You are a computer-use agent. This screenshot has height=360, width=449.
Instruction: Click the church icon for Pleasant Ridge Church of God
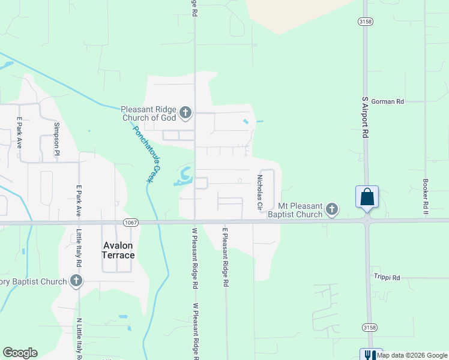pyautogui.click(x=185, y=112)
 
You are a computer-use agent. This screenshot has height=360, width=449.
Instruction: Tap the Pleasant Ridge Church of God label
pyautogui.click(x=148, y=113)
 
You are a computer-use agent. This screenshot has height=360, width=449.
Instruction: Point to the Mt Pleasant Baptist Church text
pyautogui.click(x=295, y=210)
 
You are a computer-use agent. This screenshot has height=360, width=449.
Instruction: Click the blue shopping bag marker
pyautogui.click(x=367, y=197)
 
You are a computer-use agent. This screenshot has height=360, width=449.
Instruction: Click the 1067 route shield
pyautogui.click(x=130, y=222)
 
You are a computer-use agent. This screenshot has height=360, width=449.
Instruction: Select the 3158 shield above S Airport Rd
pyautogui.click(x=364, y=21)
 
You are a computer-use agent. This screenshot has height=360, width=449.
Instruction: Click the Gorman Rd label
pyautogui.click(x=387, y=101)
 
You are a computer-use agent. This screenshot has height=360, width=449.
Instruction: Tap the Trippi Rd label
pyautogui.click(x=387, y=278)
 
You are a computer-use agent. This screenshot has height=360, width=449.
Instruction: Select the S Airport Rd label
pyautogui.click(x=364, y=118)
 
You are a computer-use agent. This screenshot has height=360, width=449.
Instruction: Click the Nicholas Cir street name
pyautogui.click(x=261, y=193)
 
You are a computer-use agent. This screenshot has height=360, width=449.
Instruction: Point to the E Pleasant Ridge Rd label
pyautogui.click(x=226, y=256)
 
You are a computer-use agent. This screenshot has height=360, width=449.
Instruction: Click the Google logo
pyautogui.click(x=20, y=353)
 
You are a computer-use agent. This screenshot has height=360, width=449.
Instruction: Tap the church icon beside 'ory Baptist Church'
pyautogui.click(x=76, y=280)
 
